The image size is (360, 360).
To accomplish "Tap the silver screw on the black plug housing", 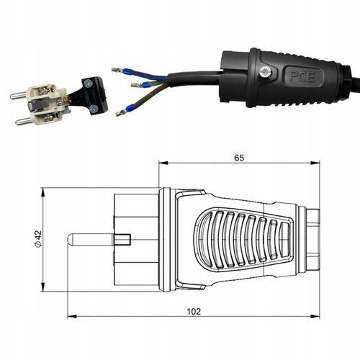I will pyautogui.click(x=266, y=71).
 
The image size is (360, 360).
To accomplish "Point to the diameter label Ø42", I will pyautogui.click(x=37, y=240).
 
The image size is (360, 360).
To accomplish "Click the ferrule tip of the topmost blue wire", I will pyautogui.click(x=116, y=70).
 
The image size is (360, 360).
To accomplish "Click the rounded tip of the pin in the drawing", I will pyautogui.click(x=71, y=240).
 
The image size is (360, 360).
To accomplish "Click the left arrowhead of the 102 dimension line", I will pyautogui.click(x=71, y=317).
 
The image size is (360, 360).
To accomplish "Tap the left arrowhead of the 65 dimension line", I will pyautogui.click(x=161, y=163).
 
